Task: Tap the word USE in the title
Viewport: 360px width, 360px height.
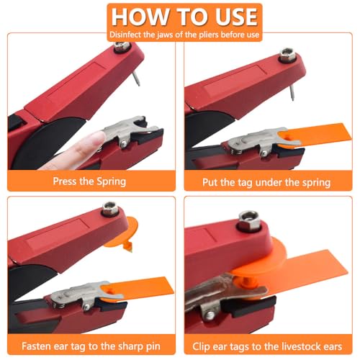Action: (230, 17)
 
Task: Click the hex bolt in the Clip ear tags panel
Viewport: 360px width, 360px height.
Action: (250, 217)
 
